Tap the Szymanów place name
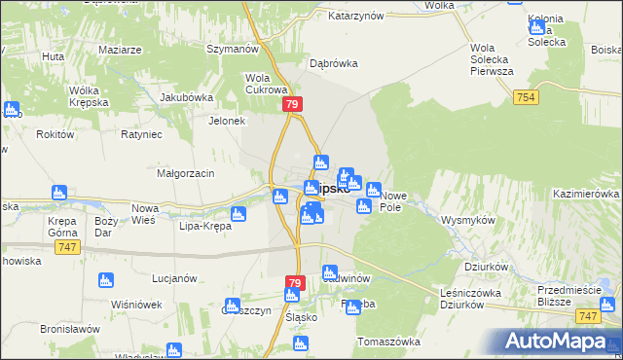click(x=231, y=49)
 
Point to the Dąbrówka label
click(x=334, y=63)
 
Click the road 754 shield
click(x=527, y=97)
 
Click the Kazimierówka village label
click(x=586, y=195)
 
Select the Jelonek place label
click(x=226, y=122)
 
